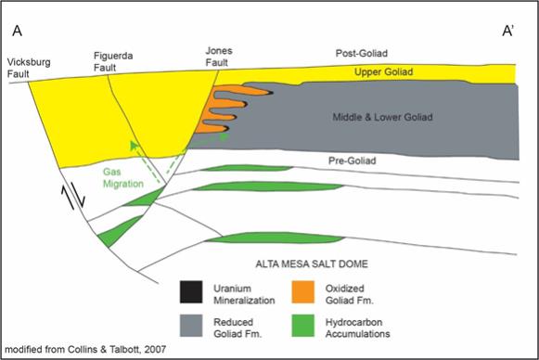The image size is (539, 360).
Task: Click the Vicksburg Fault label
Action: (x=29, y=68)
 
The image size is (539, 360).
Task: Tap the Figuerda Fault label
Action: (x=113, y=61)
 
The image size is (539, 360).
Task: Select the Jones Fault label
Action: (x=219, y=57)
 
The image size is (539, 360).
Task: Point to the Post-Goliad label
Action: (x=362, y=53)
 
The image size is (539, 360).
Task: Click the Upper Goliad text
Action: (x=384, y=71)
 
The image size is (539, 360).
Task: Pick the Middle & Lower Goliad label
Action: (x=382, y=117)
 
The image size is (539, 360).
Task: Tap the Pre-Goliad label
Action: (x=352, y=161)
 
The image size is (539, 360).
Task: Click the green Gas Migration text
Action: (x=123, y=177)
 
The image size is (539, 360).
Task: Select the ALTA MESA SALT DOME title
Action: (x=312, y=264)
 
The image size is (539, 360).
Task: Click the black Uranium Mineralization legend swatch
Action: (x=191, y=292)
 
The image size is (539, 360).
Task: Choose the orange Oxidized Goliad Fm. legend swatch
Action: (x=302, y=292)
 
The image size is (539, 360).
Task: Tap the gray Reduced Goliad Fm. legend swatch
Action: (x=191, y=326)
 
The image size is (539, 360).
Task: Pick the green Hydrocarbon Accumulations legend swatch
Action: (x=302, y=326)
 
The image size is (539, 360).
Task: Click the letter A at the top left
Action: (x=18, y=31)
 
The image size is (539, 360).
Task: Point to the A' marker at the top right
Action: (x=508, y=31)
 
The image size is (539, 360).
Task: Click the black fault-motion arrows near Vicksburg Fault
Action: (x=73, y=197)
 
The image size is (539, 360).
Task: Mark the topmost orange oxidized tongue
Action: (x=240, y=90)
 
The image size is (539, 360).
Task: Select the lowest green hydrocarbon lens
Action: (x=275, y=238)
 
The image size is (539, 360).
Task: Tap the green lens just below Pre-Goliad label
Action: (x=246, y=168)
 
